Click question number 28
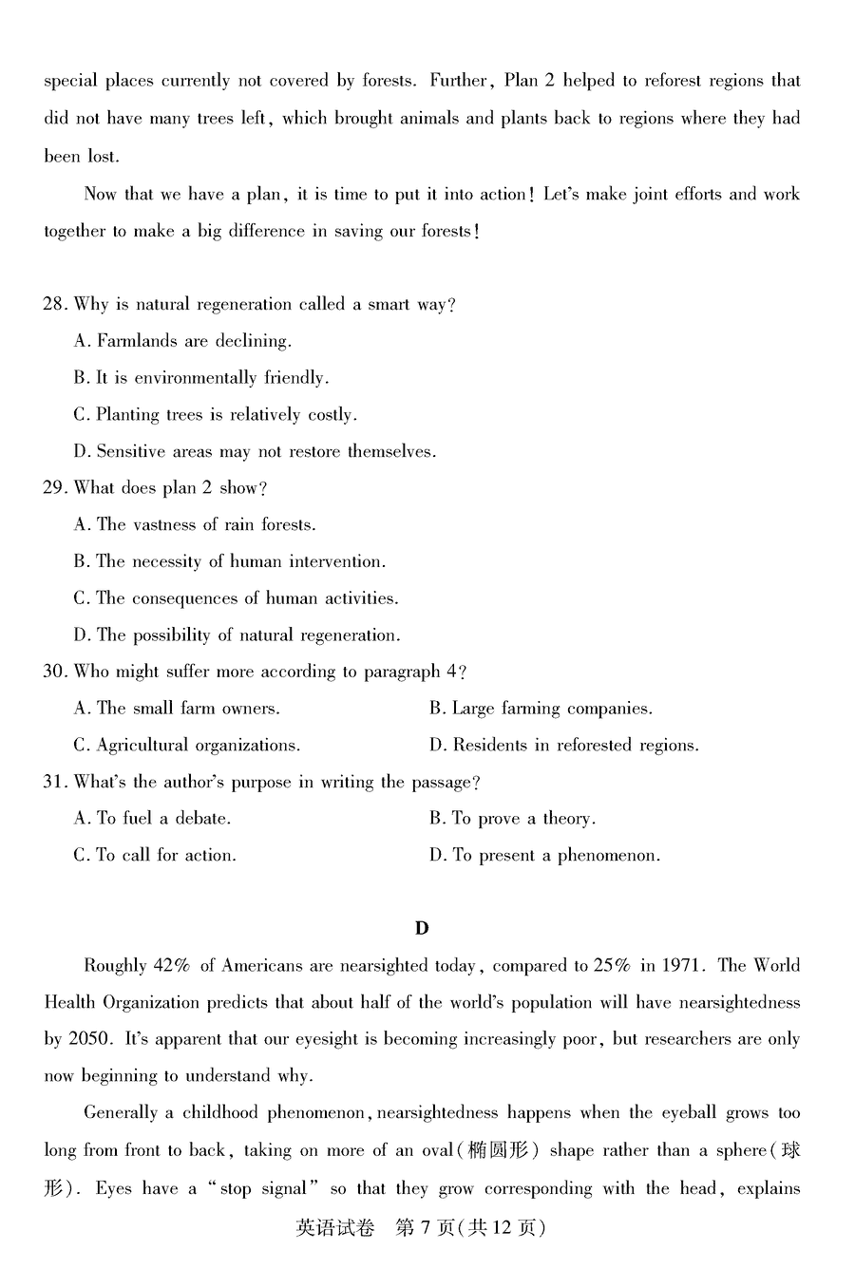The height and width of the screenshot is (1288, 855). [x=54, y=305]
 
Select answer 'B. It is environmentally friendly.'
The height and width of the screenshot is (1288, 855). [x=201, y=378]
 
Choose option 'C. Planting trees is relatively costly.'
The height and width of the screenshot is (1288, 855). [x=215, y=415]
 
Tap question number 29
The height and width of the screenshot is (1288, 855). [x=54, y=488]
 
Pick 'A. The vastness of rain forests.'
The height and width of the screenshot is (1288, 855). [x=195, y=524]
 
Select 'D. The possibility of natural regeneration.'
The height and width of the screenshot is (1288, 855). [x=237, y=635]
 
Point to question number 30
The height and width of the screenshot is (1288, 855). [x=54, y=672]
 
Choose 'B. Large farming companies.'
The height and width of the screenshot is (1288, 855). [x=541, y=709]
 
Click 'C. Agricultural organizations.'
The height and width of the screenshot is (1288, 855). [x=187, y=746]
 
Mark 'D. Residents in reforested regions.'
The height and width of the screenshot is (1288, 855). [x=563, y=746]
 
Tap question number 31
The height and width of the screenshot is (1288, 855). [x=54, y=783]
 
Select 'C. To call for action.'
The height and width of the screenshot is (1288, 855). [x=155, y=856]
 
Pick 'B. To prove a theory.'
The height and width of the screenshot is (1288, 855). [x=512, y=819]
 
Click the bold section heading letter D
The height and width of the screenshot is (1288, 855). [x=422, y=928]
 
